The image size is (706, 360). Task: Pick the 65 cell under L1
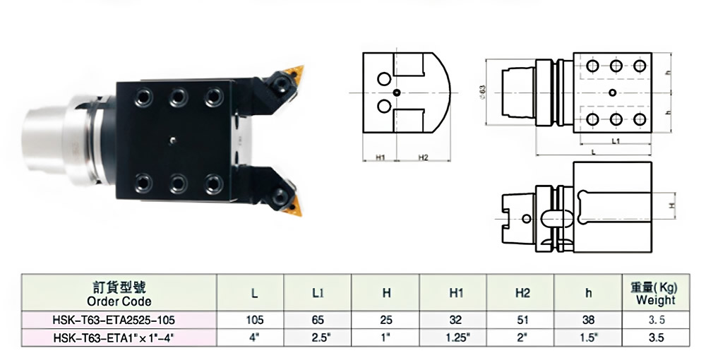(318, 319)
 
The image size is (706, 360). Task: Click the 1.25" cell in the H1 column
(455, 338)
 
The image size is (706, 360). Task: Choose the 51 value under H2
(522, 319)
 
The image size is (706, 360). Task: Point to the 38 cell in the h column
(587, 319)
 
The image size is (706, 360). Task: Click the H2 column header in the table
(522, 292)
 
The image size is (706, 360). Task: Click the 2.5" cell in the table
(318, 338)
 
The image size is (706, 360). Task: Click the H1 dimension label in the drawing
(379, 157)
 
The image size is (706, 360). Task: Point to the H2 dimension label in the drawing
(423, 157)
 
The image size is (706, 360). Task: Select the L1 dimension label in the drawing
(616, 142)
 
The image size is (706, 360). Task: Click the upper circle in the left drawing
(383, 79)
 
